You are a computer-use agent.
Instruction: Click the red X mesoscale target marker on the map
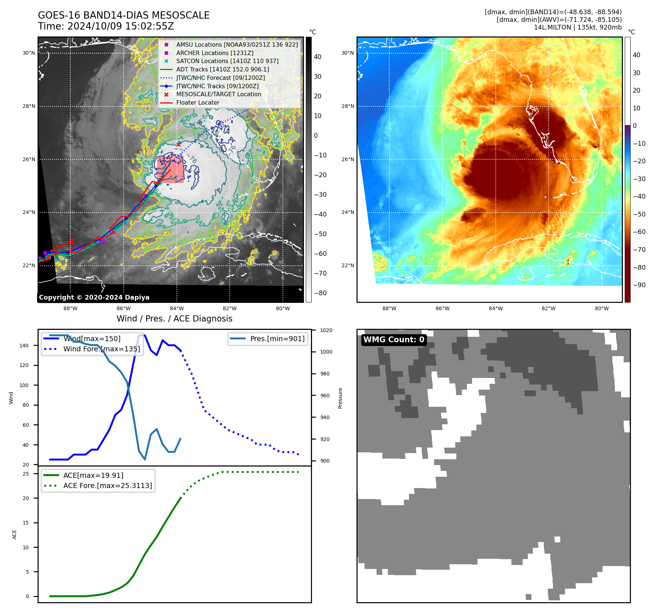click(x=178, y=145)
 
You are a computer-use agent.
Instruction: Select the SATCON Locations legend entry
click(x=227, y=61)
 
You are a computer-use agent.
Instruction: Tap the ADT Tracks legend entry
click(x=222, y=70)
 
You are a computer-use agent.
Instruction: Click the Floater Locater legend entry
click(x=198, y=103)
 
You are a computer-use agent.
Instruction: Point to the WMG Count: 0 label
click(x=394, y=340)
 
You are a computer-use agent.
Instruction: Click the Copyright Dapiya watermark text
click(x=94, y=297)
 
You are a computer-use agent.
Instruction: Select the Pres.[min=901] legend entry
click(x=277, y=339)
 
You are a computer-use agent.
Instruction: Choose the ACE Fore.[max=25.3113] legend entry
click(x=108, y=486)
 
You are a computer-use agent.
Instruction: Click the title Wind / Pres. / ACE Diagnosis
click(x=174, y=319)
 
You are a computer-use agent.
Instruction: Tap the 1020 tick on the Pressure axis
click(x=326, y=330)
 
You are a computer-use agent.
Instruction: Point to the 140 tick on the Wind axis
click(x=24, y=346)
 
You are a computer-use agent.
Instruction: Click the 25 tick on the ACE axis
click(x=26, y=474)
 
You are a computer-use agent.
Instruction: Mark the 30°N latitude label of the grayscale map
click(x=29, y=53)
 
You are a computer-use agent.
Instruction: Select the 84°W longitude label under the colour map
click(x=495, y=308)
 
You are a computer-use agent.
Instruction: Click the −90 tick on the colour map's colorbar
click(x=639, y=285)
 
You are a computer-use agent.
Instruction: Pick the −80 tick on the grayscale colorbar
click(x=320, y=293)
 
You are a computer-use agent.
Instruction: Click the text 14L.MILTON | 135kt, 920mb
click(x=578, y=27)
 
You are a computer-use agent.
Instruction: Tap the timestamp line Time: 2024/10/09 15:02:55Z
click(x=106, y=26)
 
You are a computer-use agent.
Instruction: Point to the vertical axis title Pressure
click(x=340, y=398)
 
